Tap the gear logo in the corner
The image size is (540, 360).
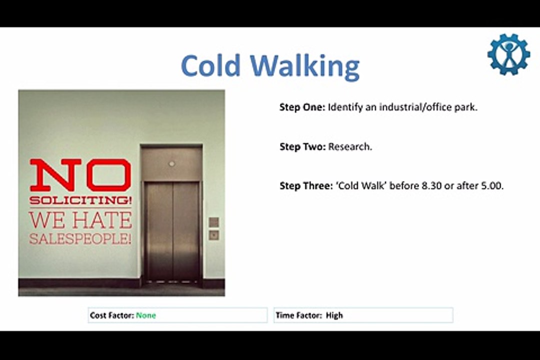(508, 54)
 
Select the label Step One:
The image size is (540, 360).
(302, 107)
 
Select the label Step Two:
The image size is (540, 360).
(302, 147)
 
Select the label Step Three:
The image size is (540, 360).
(306, 186)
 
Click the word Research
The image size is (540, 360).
(350, 147)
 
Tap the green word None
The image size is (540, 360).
(146, 315)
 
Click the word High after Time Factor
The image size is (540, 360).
(334, 315)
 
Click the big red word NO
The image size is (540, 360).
(80, 175)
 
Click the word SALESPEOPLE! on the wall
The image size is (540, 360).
(80, 238)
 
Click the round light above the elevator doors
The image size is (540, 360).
(172, 163)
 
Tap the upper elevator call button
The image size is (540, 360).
(213, 221)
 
